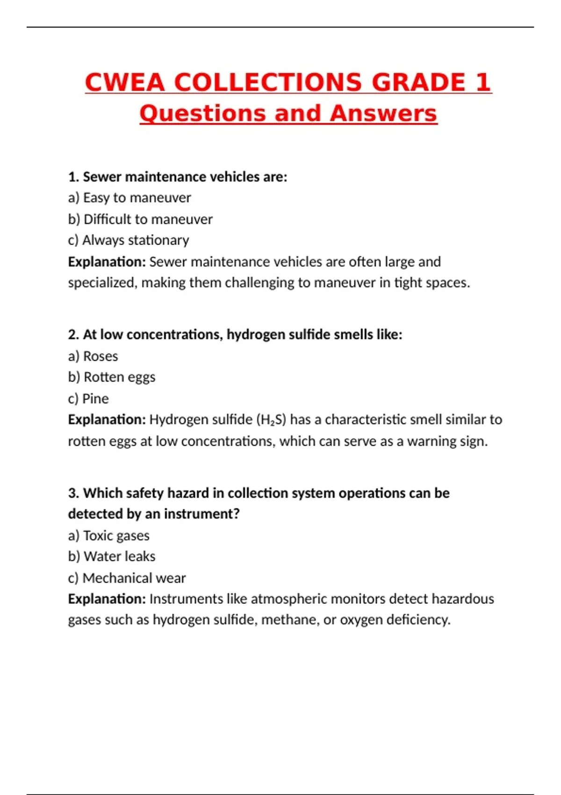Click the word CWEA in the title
click(x=125, y=82)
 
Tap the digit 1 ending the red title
click(x=482, y=82)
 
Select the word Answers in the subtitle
click(x=383, y=114)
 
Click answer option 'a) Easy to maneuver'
click(x=129, y=198)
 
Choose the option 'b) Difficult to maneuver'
click(x=140, y=219)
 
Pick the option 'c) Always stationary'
click(x=129, y=240)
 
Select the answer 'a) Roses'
click(x=93, y=356)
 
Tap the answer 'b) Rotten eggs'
click(x=112, y=377)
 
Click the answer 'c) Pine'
click(x=88, y=399)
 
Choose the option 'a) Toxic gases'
click(x=109, y=535)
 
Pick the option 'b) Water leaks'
click(x=112, y=556)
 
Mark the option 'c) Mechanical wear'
click(x=127, y=578)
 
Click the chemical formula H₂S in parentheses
click(x=271, y=420)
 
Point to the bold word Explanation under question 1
click(x=107, y=262)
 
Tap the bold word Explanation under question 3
click(x=107, y=599)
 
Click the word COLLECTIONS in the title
click(x=268, y=82)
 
